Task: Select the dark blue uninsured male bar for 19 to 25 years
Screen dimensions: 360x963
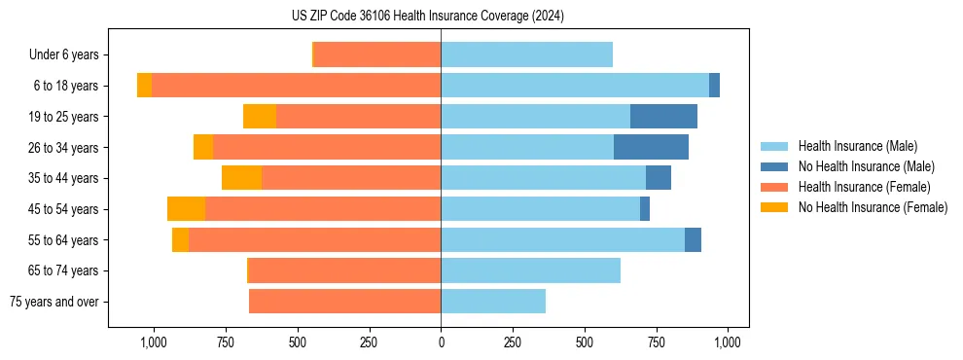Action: [x=663, y=117]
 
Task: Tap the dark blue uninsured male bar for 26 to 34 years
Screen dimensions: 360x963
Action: [x=651, y=147]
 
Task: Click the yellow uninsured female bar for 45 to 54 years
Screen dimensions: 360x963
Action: [x=186, y=209]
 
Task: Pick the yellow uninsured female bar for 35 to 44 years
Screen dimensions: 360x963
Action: [x=241, y=178]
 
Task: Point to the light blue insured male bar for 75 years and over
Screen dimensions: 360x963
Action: [x=493, y=302]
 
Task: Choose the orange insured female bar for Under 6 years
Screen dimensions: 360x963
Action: [x=377, y=54]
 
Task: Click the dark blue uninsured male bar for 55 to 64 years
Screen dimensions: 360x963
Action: [x=693, y=240]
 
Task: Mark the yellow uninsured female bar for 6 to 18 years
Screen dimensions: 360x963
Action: [x=144, y=86]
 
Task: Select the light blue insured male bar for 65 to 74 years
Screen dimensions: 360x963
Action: [x=530, y=270]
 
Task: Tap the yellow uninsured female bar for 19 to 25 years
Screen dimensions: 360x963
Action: [x=260, y=117]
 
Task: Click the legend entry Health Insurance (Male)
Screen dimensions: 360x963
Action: [x=855, y=146]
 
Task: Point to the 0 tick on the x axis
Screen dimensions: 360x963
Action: [x=441, y=342]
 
